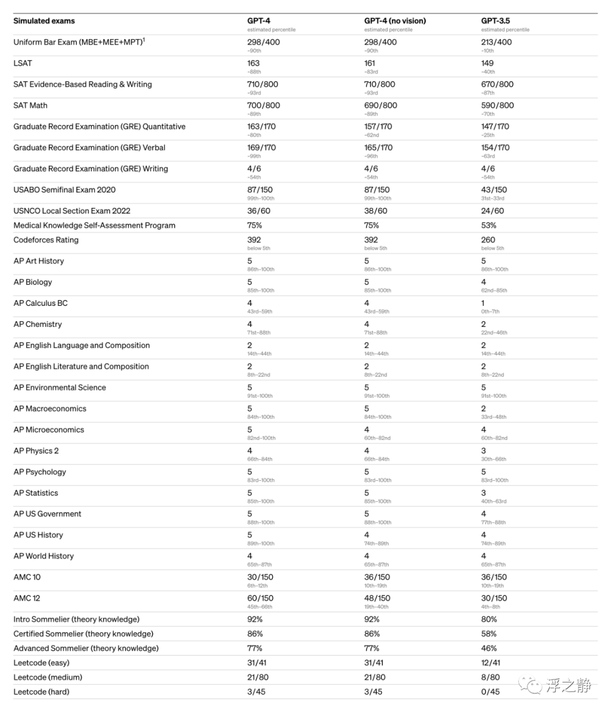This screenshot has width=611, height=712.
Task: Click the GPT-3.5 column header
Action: click(495, 21)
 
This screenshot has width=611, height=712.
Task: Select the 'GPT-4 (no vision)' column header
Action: click(395, 21)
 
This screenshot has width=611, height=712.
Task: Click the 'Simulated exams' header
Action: click(44, 21)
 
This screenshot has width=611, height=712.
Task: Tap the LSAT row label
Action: click(23, 63)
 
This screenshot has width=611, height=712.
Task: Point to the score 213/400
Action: click(496, 42)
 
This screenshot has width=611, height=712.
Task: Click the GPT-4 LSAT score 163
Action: click(253, 63)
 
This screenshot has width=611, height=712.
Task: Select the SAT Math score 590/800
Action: click(497, 105)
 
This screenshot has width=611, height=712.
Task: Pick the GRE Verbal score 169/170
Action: click(261, 148)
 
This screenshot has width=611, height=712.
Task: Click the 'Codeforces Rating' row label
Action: click(46, 240)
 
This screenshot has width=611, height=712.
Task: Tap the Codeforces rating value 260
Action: click(488, 240)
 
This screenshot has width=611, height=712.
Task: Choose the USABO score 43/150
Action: click(494, 190)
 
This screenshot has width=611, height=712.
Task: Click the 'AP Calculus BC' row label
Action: click(40, 304)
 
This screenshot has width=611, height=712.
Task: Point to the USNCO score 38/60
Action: click(376, 211)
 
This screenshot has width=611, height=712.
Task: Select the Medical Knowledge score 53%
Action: click(489, 225)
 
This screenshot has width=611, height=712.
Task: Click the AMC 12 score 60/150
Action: click(260, 598)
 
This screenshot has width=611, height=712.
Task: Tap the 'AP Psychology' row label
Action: click(40, 472)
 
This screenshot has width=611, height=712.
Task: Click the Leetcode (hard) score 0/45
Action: click(490, 692)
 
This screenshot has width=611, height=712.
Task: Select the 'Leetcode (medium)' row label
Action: click(48, 677)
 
